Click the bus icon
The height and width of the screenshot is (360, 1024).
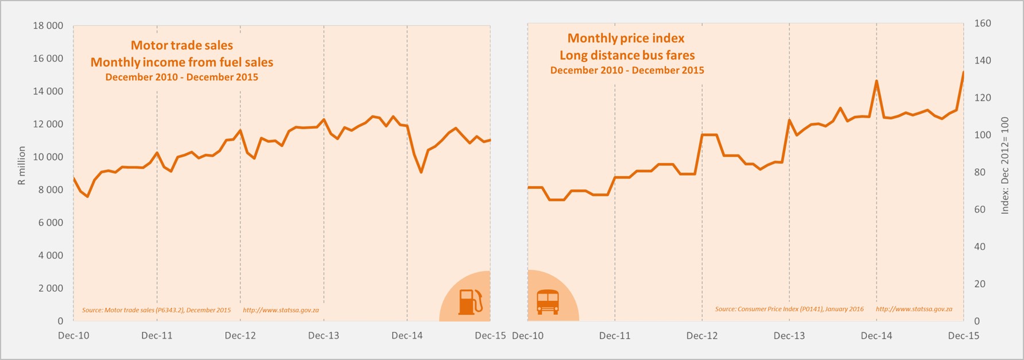(548, 301)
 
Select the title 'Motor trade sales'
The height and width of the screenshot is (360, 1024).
(182, 45)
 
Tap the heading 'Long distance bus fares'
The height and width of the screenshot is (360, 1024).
(627, 56)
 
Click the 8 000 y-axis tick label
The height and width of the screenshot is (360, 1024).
(51, 190)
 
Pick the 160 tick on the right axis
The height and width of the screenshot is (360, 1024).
(983, 24)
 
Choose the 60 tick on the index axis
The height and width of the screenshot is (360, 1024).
(980, 210)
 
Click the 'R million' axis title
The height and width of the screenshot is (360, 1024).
(22, 165)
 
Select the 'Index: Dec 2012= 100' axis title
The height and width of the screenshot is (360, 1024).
(1005, 165)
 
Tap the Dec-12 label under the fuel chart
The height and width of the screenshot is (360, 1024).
(240, 336)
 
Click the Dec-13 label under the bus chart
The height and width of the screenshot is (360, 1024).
(789, 336)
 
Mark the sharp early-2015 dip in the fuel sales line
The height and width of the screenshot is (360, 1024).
(421, 172)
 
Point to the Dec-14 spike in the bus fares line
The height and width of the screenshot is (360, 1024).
(876, 81)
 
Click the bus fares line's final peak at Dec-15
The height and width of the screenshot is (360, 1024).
(963, 73)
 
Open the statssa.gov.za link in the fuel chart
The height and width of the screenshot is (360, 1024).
(281, 310)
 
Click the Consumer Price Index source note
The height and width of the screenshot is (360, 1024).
(789, 309)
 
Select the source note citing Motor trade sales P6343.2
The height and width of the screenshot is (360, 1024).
(156, 310)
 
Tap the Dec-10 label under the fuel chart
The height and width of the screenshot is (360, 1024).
(73, 336)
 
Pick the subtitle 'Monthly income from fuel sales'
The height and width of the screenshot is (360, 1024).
(182, 62)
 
